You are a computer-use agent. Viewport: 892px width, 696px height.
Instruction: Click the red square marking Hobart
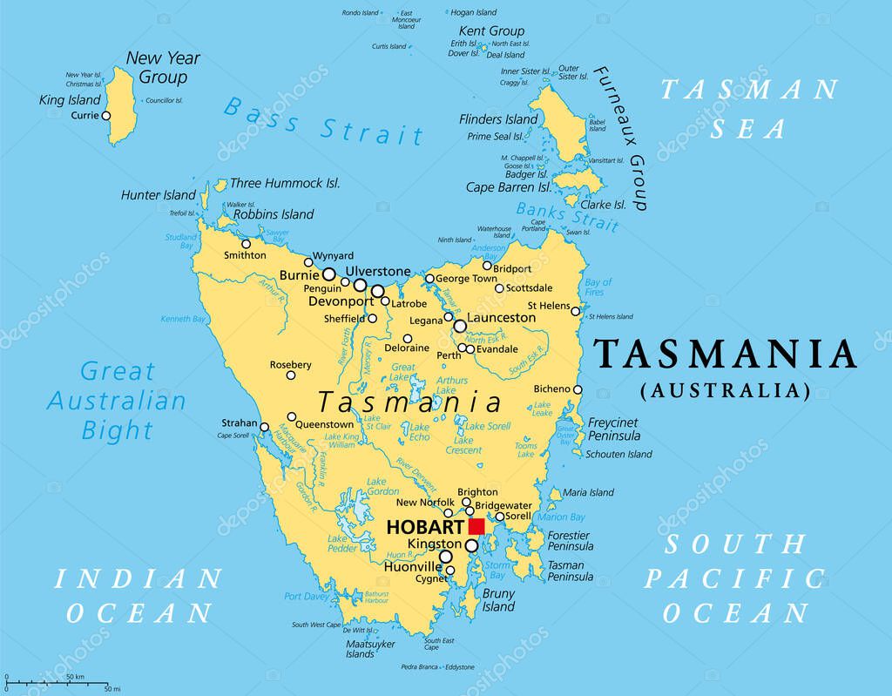pyautogui.click(x=476, y=526)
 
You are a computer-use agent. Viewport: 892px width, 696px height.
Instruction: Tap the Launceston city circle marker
pyautogui.click(x=460, y=326)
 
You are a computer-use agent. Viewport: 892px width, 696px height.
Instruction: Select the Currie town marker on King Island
pyautogui.click(x=106, y=115)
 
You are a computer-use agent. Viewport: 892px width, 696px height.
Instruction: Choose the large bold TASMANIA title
pyautogui.click(x=725, y=355)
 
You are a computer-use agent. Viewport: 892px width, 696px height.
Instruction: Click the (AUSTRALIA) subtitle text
pyautogui.click(x=726, y=389)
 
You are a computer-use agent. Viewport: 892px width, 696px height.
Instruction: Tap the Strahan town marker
pyautogui.click(x=265, y=427)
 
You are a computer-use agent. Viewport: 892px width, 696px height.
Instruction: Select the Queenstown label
pyautogui.click(x=325, y=425)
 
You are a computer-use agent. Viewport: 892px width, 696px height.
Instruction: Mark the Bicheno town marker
pyautogui.click(x=578, y=389)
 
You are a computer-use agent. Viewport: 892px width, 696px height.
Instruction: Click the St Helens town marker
pyautogui.click(x=576, y=310)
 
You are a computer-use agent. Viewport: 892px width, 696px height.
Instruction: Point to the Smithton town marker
pyautogui.click(x=247, y=244)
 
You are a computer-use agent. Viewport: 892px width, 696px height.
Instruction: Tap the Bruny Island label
pyautogui.click(x=498, y=600)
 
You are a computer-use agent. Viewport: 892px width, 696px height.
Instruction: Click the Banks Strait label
pyautogui.click(x=567, y=217)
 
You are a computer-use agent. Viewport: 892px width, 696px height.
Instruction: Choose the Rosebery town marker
pyautogui.click(x=291, y=376)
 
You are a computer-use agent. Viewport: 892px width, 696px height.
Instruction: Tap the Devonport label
pyautogui.click(x=341, y=301)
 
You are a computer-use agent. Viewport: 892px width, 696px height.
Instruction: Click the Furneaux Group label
pyautogui.click(x=620, y=138)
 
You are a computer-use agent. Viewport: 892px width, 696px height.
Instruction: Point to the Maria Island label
pyautogui.click(x=588, y=492)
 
